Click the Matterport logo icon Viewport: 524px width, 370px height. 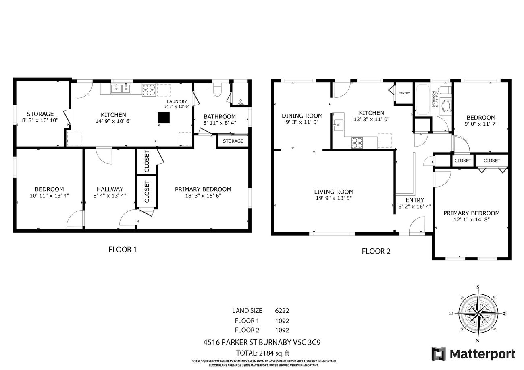tap(439, 354)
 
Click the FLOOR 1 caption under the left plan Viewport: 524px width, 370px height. tap(123, 250)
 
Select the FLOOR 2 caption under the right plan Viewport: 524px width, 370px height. tap(376, 252)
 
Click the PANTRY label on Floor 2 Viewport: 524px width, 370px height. tap(404, 93)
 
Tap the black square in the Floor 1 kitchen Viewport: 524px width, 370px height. tap(164, 118)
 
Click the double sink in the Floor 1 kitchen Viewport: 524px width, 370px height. tap(121, 89)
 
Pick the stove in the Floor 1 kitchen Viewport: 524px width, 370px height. tap(148, 89)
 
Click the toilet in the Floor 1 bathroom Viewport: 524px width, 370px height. tap(217, 89)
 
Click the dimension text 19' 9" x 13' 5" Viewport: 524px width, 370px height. tap(334, 198)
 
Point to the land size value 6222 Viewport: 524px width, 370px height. tap(282, 311)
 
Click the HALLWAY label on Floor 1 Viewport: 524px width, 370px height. tap(110, 189)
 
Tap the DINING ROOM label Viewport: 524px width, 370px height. tap(302, 116)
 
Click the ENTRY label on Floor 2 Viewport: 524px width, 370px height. tap(414, 200)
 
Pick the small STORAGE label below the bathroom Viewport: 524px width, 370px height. tap(233, 141)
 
